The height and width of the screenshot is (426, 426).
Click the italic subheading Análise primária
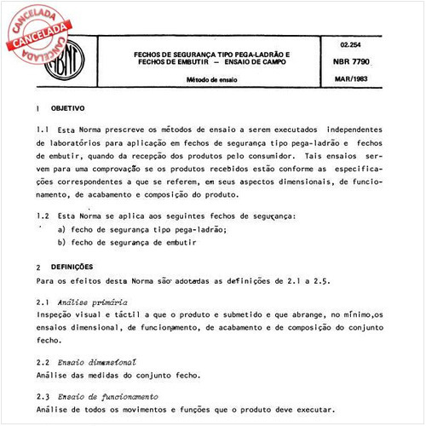[x=93, y=302]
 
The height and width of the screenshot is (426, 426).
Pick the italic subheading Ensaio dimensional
[x=97, y=361]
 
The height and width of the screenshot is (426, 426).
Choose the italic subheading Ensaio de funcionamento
[x=107, y=396]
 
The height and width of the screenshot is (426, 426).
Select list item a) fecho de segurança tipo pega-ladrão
[x=153, y=230]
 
